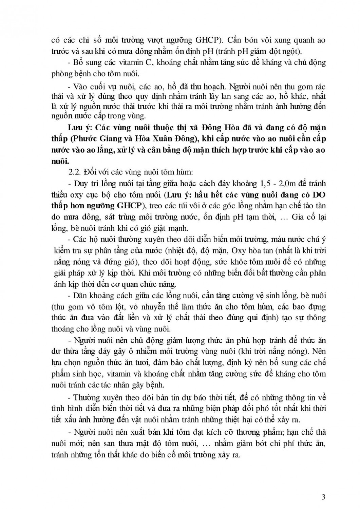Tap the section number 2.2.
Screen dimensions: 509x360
tap(74, 172)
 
